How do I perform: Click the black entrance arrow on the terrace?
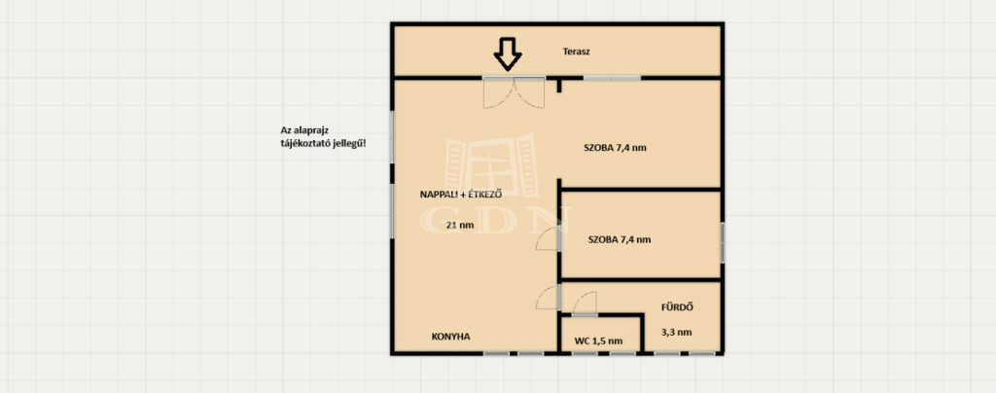click(x=508, y=54)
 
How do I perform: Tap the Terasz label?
click(x=576, y=52)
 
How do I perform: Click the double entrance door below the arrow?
click(x=514, y=93)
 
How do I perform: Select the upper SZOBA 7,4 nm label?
click(x=615, y=148)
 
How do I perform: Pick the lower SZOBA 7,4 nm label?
click(x=620, y=239)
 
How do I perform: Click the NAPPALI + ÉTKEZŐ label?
click(x=461, y=195)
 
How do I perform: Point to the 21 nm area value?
click(x=459, y=224)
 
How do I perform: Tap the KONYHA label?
click(x=451, y=337)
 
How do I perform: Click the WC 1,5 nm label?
click(x=598, y=340)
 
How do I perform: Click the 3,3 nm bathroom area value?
click(x=677, y=332)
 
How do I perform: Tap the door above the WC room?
click(x=585, y=304)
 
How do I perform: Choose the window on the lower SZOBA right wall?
click(x=723, y=242)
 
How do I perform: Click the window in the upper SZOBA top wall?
click(x=612, y=78)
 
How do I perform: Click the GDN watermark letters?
click(x=495, y=220)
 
